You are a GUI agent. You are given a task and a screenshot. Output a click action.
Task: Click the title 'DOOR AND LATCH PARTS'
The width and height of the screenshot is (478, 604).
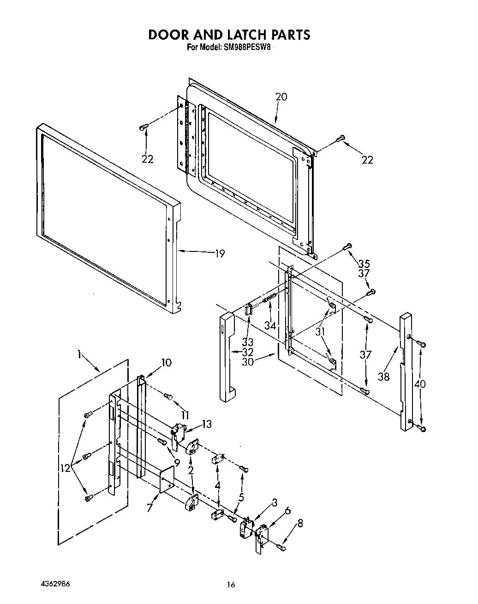pyautogui.click(x=229, y=35)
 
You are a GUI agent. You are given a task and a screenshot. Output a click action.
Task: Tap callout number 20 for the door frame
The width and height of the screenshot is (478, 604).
pyautogui.click(x=281, y=97)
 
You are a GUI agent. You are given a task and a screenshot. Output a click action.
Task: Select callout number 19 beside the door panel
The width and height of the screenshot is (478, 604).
pyautogui.click(x=220, y=253)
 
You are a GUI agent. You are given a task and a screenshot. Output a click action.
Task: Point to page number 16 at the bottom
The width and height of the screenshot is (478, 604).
pyautogui.click(x=231, y=585)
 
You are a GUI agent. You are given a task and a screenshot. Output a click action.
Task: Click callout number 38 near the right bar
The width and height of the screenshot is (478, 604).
pyautogui.click(x=383, y=377)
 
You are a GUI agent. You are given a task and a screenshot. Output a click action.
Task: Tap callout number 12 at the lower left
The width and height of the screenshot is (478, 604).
pyautogui.click(x=65, y=468)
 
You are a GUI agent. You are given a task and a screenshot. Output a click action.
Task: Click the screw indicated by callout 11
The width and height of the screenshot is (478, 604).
pyautogui.click(x=168, y=396)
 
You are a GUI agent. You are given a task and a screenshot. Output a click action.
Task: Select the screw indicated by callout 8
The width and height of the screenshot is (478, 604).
pyautogui.click(x=280, y=547)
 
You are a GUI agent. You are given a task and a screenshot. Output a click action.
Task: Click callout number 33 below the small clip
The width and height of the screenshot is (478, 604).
pyautogui.click(x=247, y=342)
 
